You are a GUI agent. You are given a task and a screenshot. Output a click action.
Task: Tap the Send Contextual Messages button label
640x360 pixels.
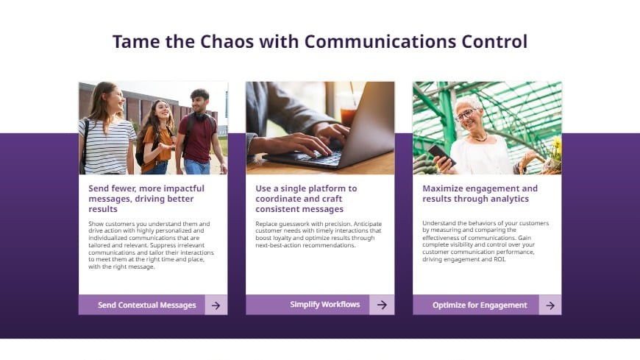click(146, 305)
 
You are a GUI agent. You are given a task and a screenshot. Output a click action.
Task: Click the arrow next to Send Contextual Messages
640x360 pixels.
click(216, 305)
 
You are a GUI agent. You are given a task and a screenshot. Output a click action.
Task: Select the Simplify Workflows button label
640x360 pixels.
click(324, 304)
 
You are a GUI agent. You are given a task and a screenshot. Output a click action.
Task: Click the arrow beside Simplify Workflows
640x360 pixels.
click(382, 304)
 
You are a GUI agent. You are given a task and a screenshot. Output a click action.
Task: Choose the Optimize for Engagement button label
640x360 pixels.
click(480, 305)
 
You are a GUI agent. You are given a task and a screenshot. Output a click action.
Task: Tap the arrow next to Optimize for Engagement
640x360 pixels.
click(550, 305)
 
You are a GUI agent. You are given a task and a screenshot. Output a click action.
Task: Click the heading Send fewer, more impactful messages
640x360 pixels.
click(146, 198)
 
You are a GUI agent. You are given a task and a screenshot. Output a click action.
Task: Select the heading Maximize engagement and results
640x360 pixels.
click(480, 193)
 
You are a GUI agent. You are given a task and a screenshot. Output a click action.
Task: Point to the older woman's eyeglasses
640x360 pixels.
click(465, 115)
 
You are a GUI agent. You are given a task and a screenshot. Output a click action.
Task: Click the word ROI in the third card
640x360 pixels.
click(499, 259)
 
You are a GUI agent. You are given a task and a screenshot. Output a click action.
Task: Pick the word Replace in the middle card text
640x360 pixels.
click(268, 223)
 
